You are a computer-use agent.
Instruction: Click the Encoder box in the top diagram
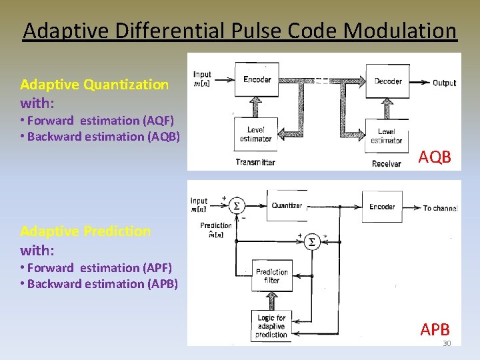tap(257, 80)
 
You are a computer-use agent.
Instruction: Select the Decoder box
tap(388, 81)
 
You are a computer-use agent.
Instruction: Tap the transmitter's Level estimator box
tap(255, 133)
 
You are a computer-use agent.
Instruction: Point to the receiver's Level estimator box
tap(387, 136)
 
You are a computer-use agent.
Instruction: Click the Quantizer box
tap(287, 205)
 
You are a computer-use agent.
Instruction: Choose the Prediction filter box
tap(272, 276)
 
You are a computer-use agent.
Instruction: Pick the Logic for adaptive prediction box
tap(271, 327)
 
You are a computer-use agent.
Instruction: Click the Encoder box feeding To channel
tap(382, 207)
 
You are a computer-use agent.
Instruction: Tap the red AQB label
tap(435, 157)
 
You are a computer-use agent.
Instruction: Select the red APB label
tap(435, 329)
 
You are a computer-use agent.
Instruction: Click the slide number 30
tap(447, 343)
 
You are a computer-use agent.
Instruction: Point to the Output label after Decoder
tap(444, 83)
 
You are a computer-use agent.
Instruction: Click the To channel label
tap(440, 208)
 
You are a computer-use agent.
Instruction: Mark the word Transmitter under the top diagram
tap(255, 162)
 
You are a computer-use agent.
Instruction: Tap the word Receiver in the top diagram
tap(387, 163)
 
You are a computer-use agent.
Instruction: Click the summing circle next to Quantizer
tap(236, 206)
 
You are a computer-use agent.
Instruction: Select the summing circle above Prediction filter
tap(311, 243)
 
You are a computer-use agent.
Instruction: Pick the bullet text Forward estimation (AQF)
tap(100, 121)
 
